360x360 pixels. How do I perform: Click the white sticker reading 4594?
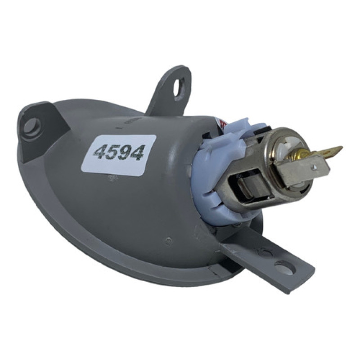tap(119, 156)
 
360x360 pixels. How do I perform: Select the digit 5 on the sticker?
tap(115, 153)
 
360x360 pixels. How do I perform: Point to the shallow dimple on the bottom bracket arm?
tap(265, 252)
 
